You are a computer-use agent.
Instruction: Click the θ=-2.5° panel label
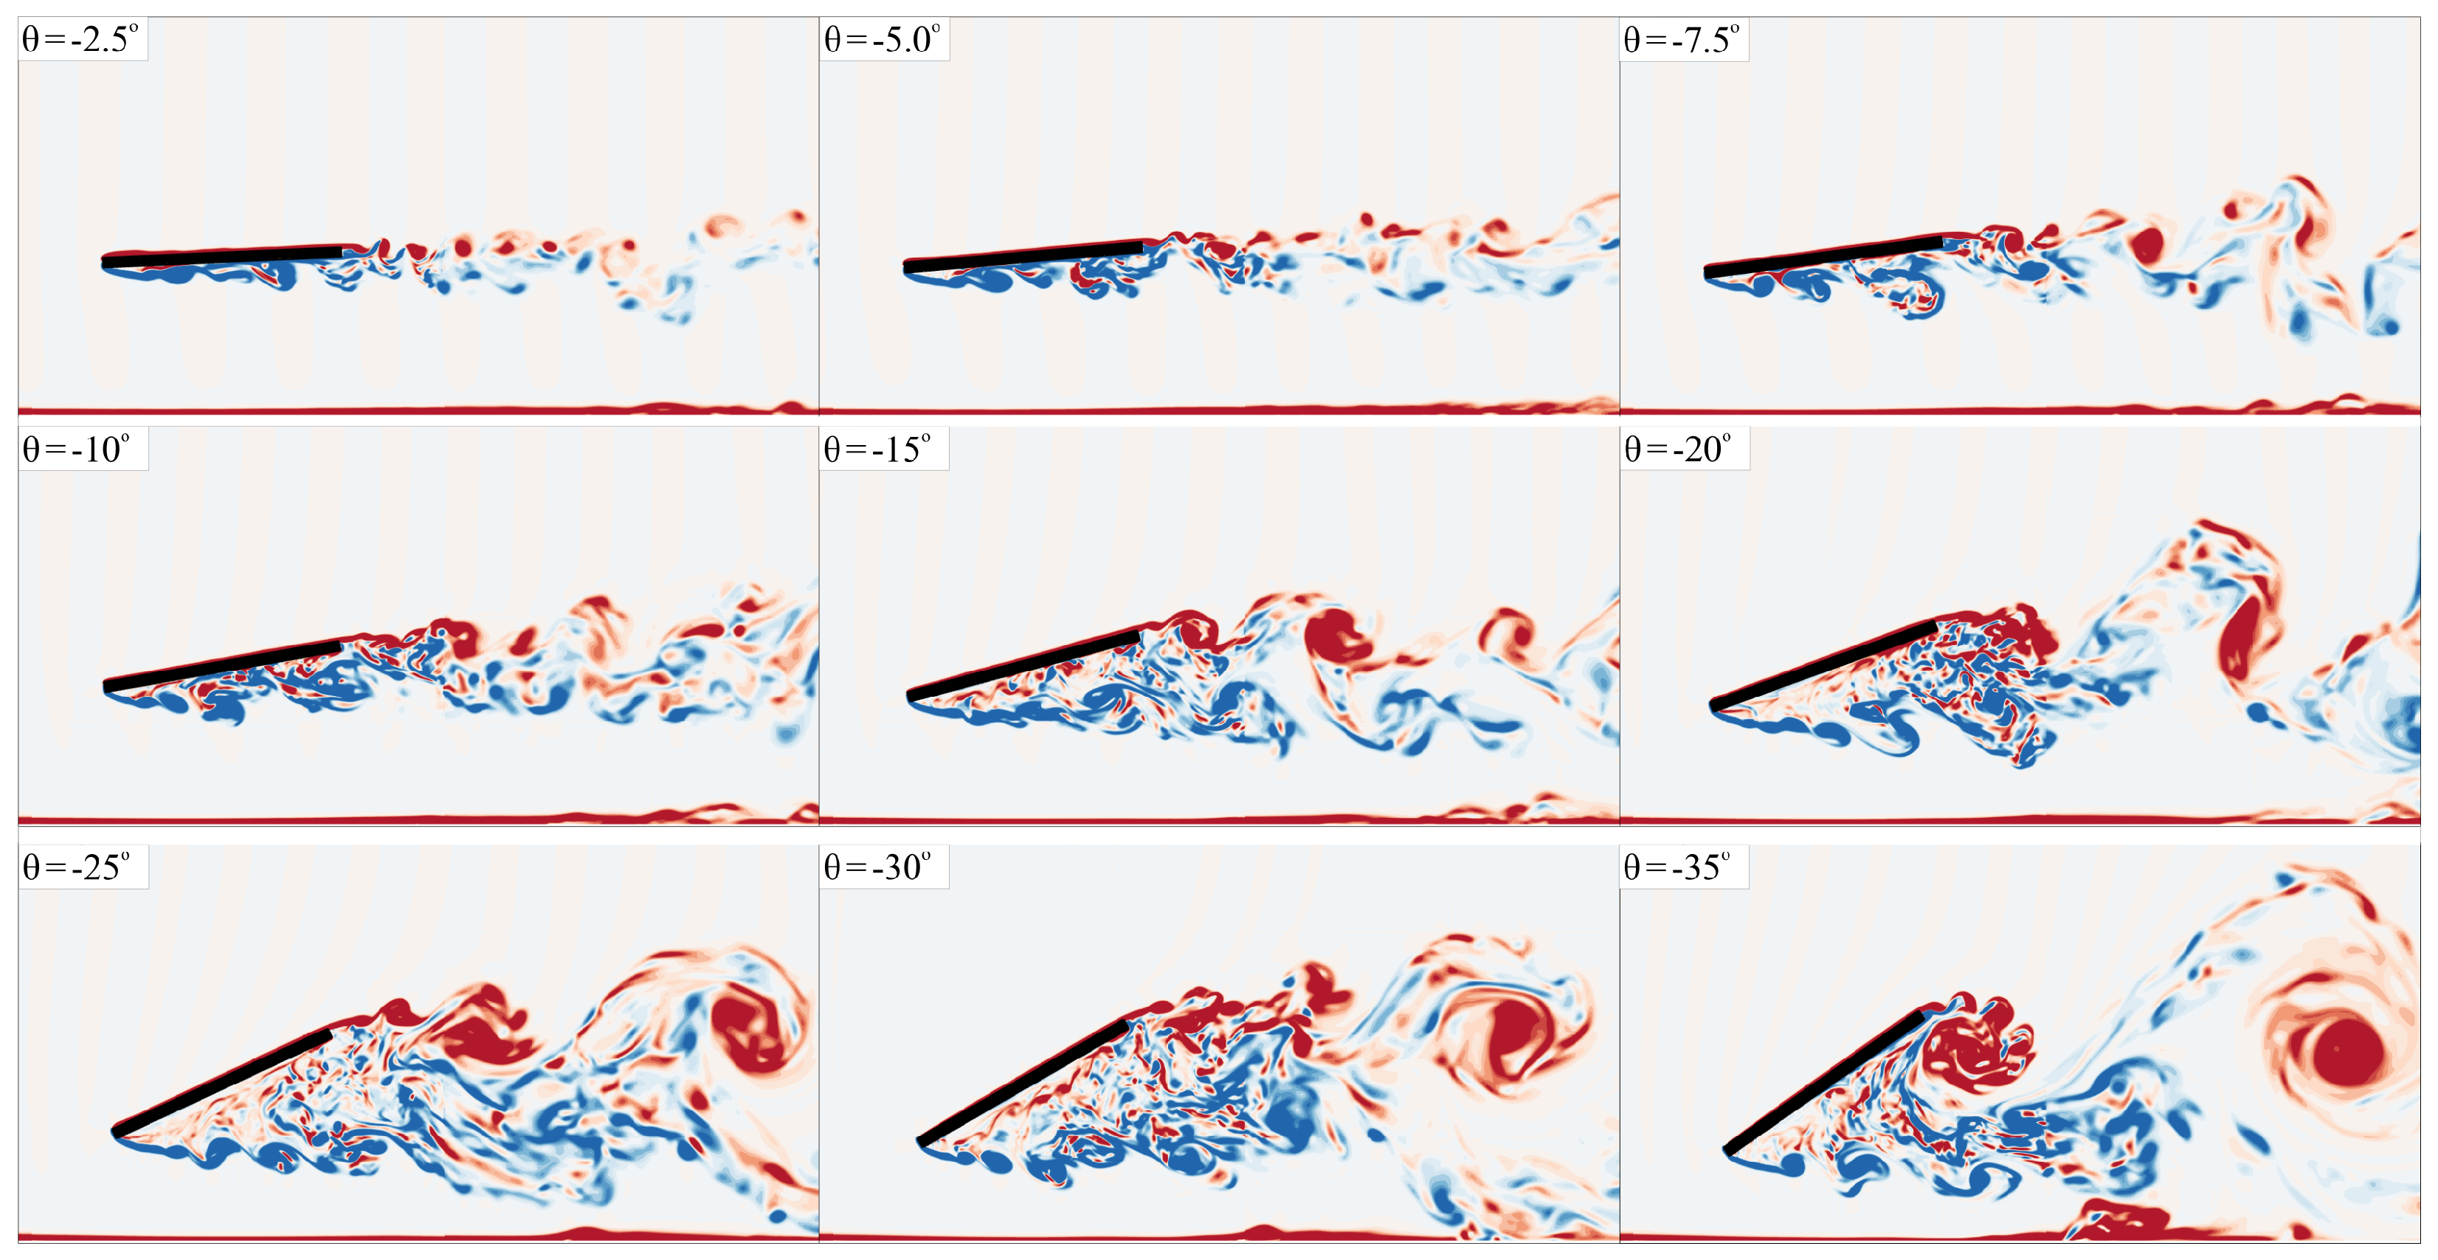tap(81, 40)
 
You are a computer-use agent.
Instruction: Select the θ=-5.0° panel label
tap(882, 40)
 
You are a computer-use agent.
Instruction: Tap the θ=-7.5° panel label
tap(1682, 40)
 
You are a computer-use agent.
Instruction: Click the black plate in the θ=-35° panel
tap(1823, 1082)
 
